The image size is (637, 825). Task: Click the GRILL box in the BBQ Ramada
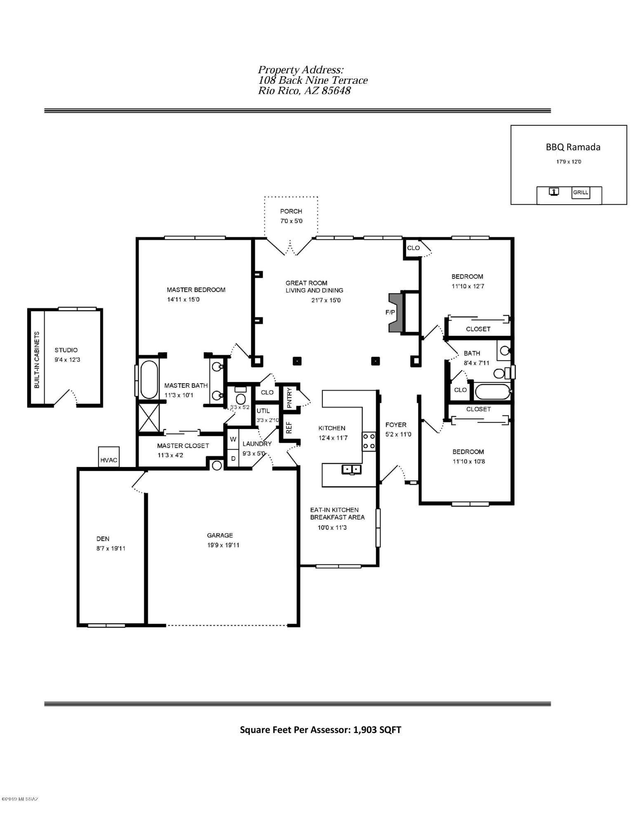pos(581,192)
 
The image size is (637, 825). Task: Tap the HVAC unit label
pos(109,460)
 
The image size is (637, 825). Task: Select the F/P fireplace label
pos(390,312)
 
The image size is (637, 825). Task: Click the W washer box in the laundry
pos(233,439)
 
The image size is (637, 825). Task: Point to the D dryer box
pos(233,458)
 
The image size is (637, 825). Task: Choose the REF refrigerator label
pos(289,427)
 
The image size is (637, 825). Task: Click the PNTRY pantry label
pos(289,398)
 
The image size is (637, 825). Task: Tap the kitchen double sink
pos(351,469)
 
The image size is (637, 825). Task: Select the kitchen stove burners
pos(369,441)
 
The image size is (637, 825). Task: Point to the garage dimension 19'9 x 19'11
pos(223,545)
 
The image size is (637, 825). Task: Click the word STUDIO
pos(66,350)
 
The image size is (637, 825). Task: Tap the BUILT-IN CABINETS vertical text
pos(37,360)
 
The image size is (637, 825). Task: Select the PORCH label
pos(291,211)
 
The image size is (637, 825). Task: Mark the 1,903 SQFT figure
pos(377,730)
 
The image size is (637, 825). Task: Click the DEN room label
pos(103,538)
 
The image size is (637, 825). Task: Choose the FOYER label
pos(396,424)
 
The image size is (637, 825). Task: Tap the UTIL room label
pos(263,411)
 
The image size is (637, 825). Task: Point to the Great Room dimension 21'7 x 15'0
pos(326,300)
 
